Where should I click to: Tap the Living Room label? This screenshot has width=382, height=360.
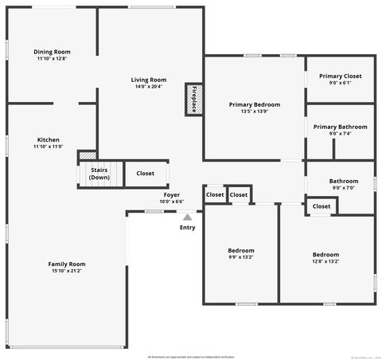(x=149, y=80)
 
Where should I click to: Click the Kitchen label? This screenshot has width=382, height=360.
(x=48, y=139)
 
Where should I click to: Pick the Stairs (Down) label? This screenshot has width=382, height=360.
(x=99, y=173)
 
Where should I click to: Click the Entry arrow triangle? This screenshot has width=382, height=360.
(x=187, y=216)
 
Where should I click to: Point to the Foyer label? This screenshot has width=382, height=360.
(x=171, y=194)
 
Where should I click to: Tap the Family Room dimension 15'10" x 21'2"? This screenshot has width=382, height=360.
(x=67, y=271)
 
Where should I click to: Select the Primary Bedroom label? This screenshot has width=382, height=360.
(x=254, y=104)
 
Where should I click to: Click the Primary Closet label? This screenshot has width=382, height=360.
(x=341, y=76)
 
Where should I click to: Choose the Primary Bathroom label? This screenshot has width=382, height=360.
(x=341, y=127)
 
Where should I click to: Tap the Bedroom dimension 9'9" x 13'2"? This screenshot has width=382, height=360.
(x=241, y=257)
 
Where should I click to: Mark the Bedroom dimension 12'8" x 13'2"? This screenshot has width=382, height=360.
(x=325, y=261)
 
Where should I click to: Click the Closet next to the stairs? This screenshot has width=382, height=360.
(x=146, y=174)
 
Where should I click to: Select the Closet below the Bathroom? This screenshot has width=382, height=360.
(x=322, y=206)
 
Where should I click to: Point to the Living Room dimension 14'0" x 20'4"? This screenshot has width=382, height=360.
(x=149, y=86)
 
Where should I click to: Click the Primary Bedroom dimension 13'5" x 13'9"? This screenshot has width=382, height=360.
(x=254, y=111)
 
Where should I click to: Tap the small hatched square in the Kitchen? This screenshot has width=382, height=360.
(x=87, y=156)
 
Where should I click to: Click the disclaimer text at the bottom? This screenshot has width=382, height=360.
(x=191, y=355)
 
